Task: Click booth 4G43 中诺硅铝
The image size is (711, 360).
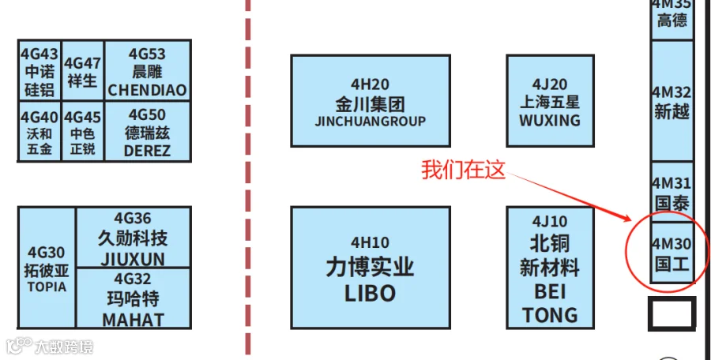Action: tap(39, 71)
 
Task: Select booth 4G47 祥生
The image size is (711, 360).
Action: tap(83, 71)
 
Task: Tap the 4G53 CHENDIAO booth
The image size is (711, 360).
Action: tap(147, 71)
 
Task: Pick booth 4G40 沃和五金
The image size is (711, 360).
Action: tap(39, 132)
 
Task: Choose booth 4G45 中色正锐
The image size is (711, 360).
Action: tap(83, 132)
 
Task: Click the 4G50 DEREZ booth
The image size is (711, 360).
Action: tap(147, 132)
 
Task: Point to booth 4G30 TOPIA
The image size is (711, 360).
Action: tap(47, 268)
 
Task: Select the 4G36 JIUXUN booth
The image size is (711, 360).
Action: tap(133, 238)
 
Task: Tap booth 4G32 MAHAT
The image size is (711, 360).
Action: tap(133, 298)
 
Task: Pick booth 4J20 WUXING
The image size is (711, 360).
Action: tap(549, 101)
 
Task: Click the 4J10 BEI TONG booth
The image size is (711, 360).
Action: tap(549, 268)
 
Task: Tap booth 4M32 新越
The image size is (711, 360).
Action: tap(671, 101)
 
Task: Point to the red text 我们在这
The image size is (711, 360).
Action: tap(462, 170)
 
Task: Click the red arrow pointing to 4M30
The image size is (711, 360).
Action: tap(569, 194)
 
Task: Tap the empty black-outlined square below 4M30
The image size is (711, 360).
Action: tap(671, 314)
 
